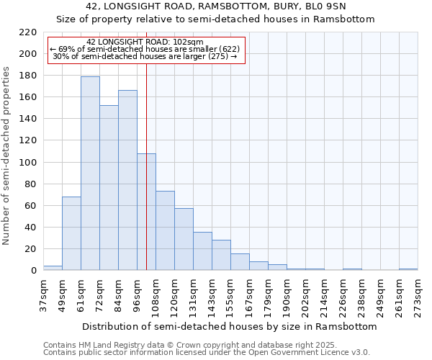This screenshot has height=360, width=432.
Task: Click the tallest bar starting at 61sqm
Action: (x=90, y=173)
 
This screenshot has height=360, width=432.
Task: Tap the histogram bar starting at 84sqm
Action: (x=127, y=180)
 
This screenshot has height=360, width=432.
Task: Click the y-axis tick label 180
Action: (x=28, y=76)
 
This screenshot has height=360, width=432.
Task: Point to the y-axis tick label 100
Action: (x=28, y=162)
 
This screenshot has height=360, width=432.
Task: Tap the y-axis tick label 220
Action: (x=28, y=32)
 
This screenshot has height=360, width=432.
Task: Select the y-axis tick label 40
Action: (x=31, y=228)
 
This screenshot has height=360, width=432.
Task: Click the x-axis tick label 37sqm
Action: (x=43, y=294)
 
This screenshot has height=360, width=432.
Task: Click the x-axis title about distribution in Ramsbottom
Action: (x=229, y=326)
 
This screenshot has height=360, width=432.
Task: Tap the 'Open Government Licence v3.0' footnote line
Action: (x=207, y=353)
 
